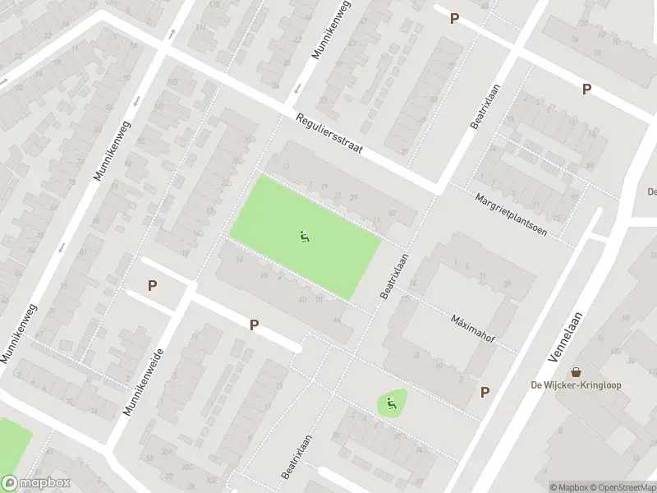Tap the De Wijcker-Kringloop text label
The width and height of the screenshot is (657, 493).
pos(576,385)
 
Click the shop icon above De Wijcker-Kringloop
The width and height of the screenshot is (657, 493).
pos(576,372)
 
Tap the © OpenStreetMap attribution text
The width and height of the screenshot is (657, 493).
pos(623,487)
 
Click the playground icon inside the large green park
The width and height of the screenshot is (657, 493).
pos(305,237)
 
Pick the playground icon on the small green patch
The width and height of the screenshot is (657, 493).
pos(392,403)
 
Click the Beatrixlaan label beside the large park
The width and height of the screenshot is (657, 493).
pos(394,274)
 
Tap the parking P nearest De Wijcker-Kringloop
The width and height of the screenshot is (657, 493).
pos(485,393)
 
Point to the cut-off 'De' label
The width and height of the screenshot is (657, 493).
pos(650,192)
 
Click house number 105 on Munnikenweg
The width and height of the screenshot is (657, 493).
pos(172,82)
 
